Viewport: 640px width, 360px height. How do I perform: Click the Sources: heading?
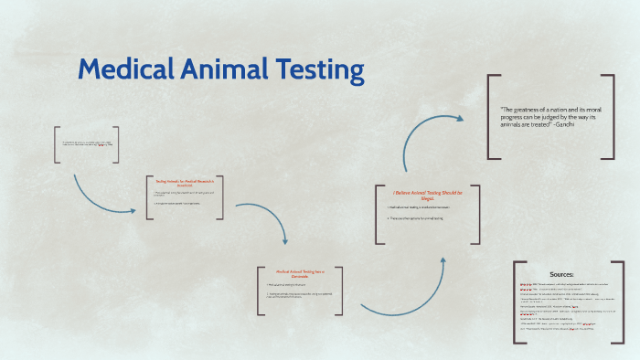point(561,274)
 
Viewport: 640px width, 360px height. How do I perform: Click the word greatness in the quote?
point(533,110)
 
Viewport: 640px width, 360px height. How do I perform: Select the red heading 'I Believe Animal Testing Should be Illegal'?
point(428,196)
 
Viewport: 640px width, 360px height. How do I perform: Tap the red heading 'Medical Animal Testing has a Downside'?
point(301,273)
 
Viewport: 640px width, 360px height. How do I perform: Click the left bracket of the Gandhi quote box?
point(491,114)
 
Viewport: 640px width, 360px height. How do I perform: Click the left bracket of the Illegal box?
point(377,216)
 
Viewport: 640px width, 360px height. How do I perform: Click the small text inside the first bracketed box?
point(87,144)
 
